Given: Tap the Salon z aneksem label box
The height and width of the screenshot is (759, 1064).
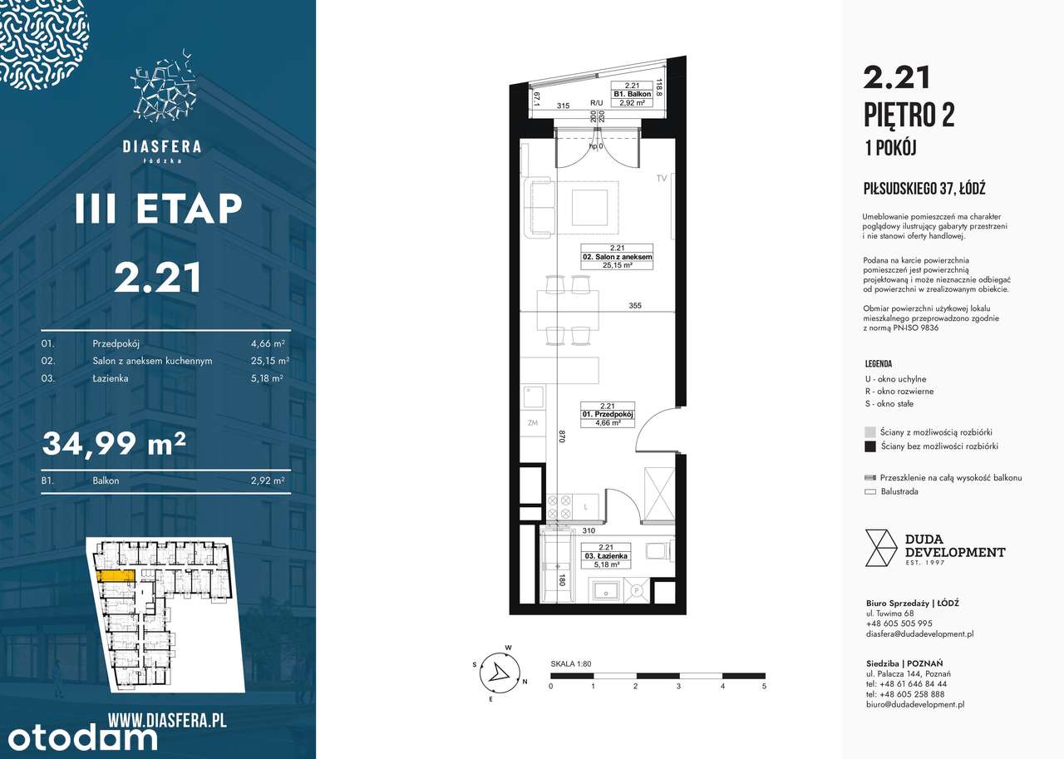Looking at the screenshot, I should pos(617,258).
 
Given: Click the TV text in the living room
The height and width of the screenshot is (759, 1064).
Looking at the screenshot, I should pos(663,178).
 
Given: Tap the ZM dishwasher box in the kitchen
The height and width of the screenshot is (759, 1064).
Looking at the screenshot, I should pos(533,423).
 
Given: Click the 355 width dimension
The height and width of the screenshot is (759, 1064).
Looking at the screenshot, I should pos(635,306).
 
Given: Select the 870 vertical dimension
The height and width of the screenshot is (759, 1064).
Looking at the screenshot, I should pos(563,436).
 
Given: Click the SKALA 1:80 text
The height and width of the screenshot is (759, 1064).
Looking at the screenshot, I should pos(570,664).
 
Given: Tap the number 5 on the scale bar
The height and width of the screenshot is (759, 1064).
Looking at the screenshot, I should pos(763,687).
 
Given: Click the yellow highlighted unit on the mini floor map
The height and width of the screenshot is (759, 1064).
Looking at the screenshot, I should pos(113,574).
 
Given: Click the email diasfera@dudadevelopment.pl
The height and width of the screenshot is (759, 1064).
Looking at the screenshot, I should pos(919,633).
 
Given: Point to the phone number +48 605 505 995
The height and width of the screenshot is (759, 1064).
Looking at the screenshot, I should pos(899,623).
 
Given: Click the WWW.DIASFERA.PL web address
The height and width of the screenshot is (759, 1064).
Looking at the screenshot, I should pos(167,720).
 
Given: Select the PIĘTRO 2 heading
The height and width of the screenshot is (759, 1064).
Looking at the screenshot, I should pos(909,115).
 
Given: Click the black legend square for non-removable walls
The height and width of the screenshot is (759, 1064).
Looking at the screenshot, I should pos(869,446).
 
